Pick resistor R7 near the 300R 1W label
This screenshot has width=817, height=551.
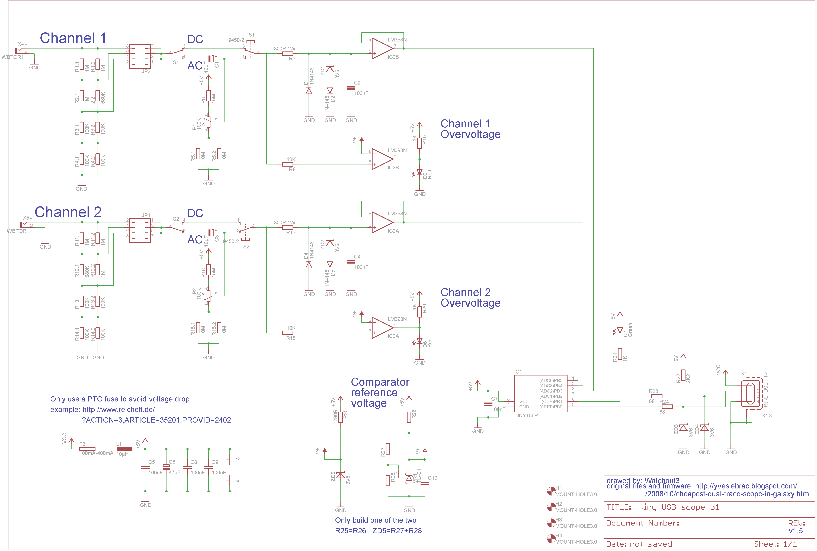point(288,54)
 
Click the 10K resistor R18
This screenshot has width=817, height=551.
point(288,333)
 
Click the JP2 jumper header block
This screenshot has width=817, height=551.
point(140,56)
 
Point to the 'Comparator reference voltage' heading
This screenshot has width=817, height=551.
point(380,392)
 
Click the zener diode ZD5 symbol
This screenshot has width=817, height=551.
point(340,475)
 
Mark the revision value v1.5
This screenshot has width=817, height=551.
point(796,531)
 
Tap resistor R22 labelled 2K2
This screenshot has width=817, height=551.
point(683,375)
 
